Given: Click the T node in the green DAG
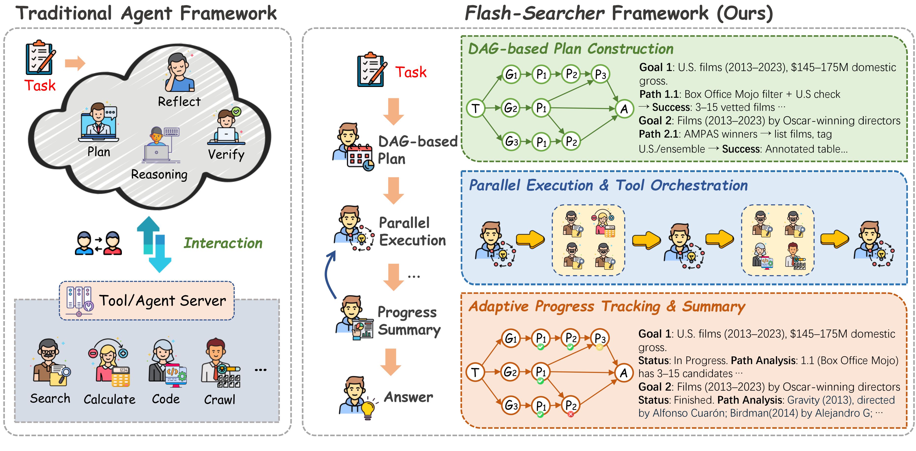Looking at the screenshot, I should pyautogui.click(x=475, y=108).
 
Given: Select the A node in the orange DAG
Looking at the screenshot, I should pyautogui.click(x=624, y=373).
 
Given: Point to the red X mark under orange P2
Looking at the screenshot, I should pyautogui.click(x=571, y=414).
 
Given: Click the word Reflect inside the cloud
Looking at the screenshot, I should pyautogui.click(x=179, y=102).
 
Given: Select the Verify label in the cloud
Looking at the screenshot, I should pyautogui.click(x=226, y=155).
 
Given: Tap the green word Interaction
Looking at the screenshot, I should pyautogui.click(x=223, y=243).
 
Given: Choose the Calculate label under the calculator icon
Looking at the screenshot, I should pyautogui.click(x=110, y=399).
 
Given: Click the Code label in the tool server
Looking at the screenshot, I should pyautogui.click(x=166, y=399).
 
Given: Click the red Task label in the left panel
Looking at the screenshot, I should pyautogui.click(x=40, y=86).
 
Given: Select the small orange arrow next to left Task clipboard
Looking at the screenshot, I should pyautogui.click(x=75, y=64).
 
